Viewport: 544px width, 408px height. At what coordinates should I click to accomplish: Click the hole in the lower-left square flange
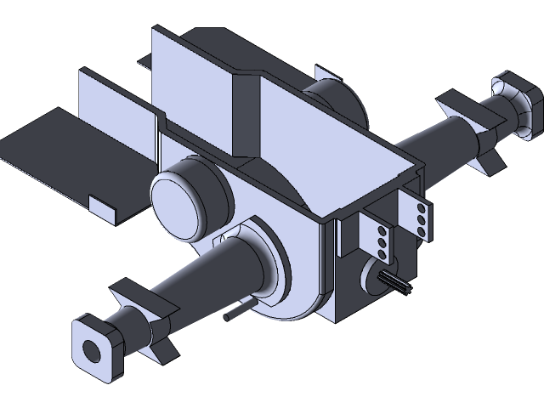tap(91, 347)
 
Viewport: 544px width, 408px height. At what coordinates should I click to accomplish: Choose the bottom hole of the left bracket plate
tap(382, 253)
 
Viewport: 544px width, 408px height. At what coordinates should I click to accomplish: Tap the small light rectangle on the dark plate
tap(101, 207)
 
